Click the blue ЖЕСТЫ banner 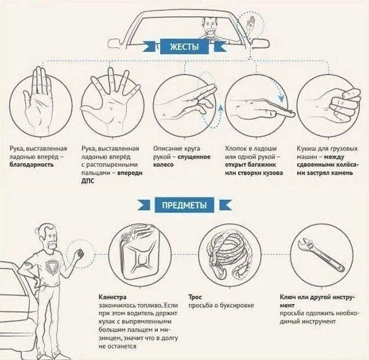(x=184, y=47)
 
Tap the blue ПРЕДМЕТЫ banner (x=184, y=205)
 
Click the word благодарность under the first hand (x=31, y=164)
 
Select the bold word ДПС (x=88, y=181)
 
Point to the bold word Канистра (x=113, y=297)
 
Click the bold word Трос (x=195, y=297)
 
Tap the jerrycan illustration (x=139, y=253)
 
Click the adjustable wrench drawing (x=321, y=255)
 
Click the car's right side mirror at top (x=261, y=42)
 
